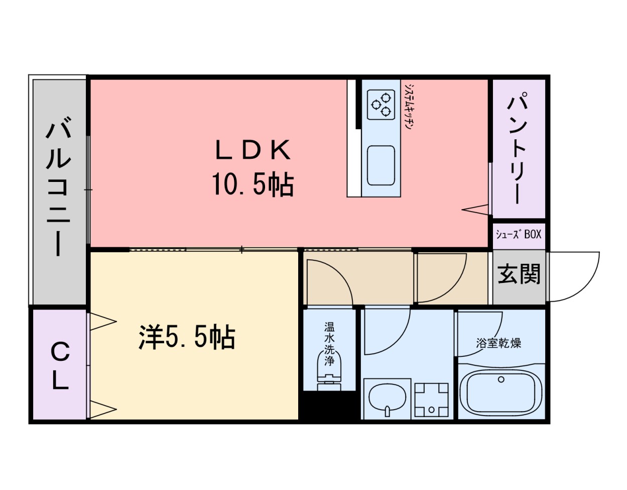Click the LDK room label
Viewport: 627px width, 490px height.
[x=253, y=150]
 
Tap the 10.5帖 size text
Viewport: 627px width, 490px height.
[x=253, y=184]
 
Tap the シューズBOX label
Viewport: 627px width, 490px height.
[x=519, y=234]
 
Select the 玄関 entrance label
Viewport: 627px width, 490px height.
[x=519, y=274]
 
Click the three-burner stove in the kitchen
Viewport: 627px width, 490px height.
[x=381, y=105]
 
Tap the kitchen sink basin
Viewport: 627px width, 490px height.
[x=381, y=165]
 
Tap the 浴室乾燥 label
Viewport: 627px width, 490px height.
[x=498, y=343]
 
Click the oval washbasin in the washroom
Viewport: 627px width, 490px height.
[x=387, y=398]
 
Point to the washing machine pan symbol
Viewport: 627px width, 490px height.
[x=431, y=399]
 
